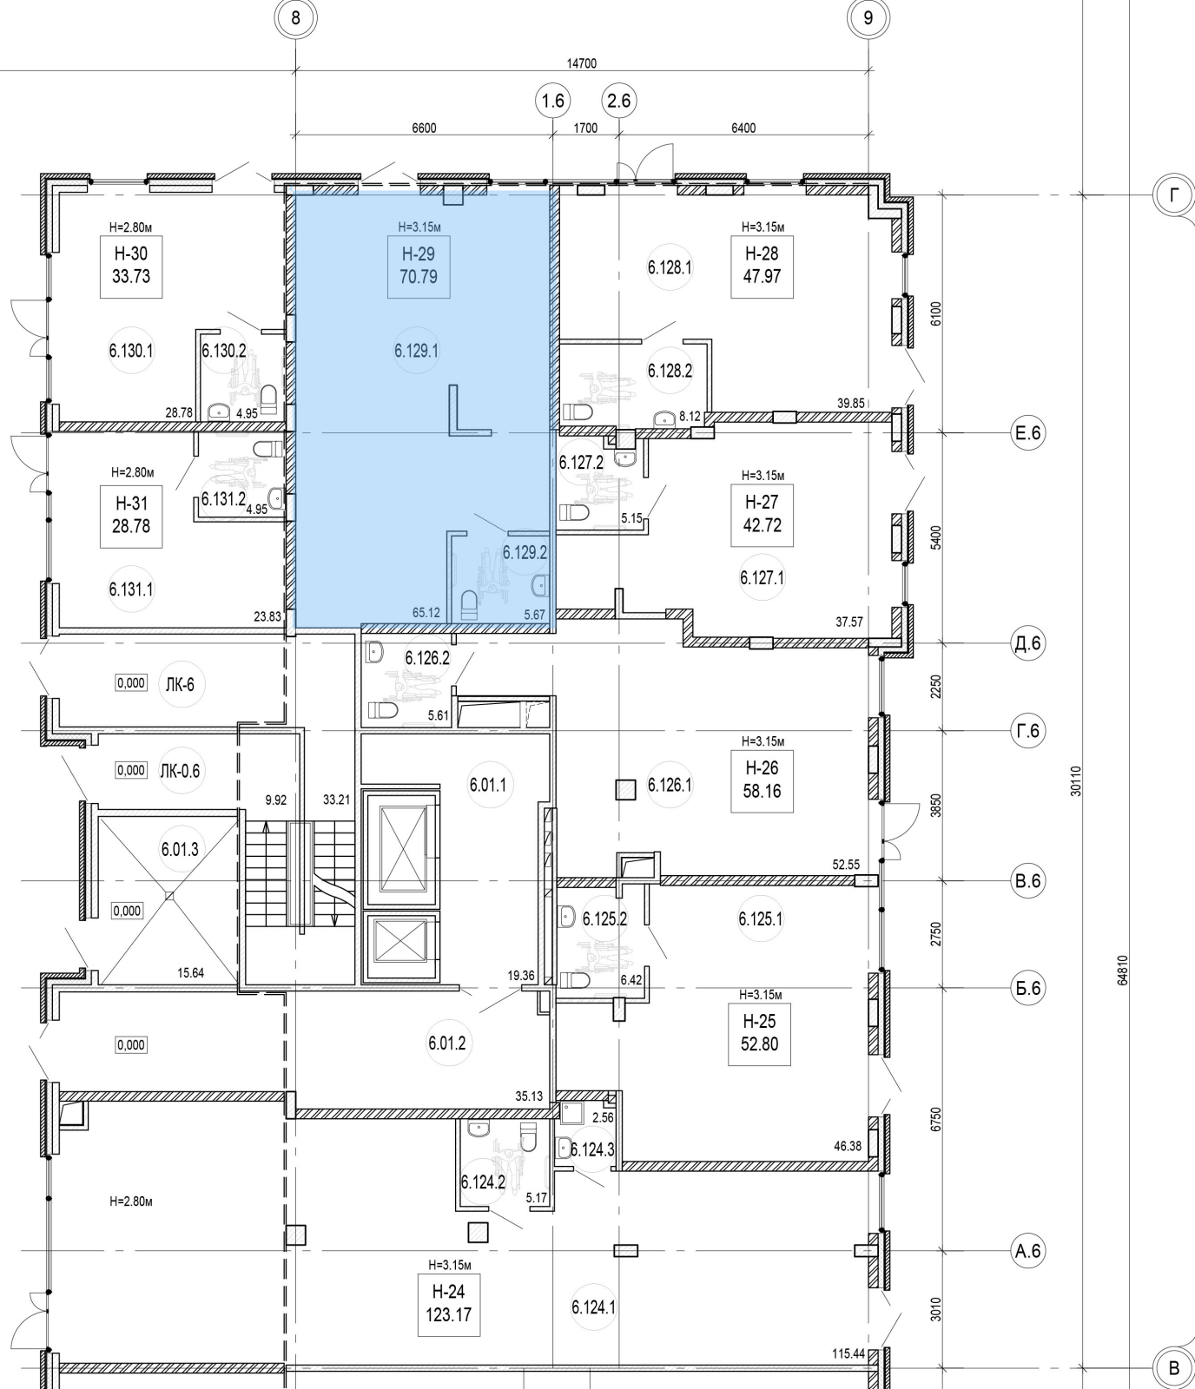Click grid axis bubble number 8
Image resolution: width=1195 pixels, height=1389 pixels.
(x=296, y=17)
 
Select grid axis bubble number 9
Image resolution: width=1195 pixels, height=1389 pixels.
(x=868, y=17)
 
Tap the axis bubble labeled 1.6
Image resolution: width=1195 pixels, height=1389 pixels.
(x=552, y=102)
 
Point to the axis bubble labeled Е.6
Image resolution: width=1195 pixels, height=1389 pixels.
(x=1027, y=432)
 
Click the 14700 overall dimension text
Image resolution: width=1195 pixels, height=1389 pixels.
(x=581, y=63)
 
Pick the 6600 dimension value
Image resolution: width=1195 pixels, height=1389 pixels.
(x=424, y=128)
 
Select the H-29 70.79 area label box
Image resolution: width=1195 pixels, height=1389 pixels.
(x=419, y=266)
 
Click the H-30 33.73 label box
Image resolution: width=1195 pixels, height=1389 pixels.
(x=131, y=266)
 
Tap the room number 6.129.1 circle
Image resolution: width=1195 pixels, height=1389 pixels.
(x=417, y=351)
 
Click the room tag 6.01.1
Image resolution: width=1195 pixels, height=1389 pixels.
(x=488, y=785)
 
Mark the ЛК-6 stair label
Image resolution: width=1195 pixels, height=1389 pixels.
(x=179, y=684)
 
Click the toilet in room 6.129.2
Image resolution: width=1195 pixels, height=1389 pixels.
(x=469, y=603)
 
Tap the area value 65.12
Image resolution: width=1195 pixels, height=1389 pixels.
(x=426, y=613)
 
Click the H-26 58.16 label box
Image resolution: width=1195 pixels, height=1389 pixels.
(x=762, y=780)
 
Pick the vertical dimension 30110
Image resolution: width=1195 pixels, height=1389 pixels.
(x=1076, y=780)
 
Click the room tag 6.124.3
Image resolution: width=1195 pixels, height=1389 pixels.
(x=592, y=1149)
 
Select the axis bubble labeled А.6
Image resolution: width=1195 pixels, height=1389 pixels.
(x=1027, y=1251)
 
